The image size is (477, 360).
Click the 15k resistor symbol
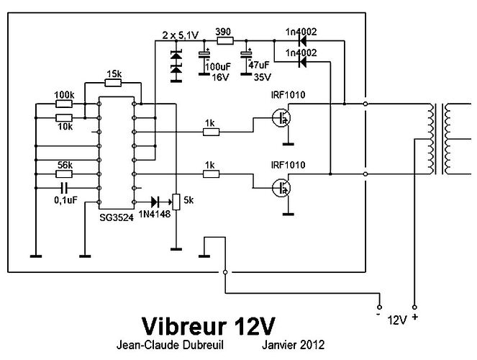click(x=113, y=83)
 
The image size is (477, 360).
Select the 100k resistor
click(x=64, y=104)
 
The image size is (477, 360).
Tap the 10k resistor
click(x=64, y=117)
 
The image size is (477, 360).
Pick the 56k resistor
click(x=64, y=174)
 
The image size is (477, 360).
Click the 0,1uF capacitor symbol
click(x=64, y=187)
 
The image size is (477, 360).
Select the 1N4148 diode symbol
click(x=155, y=202)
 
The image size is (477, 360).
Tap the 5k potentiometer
click(x=173, y=202)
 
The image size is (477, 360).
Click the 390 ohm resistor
click(x=224, y=42)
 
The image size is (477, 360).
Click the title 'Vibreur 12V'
click(x=208, y=322)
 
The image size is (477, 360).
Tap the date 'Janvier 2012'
click(x=294, y=346)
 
